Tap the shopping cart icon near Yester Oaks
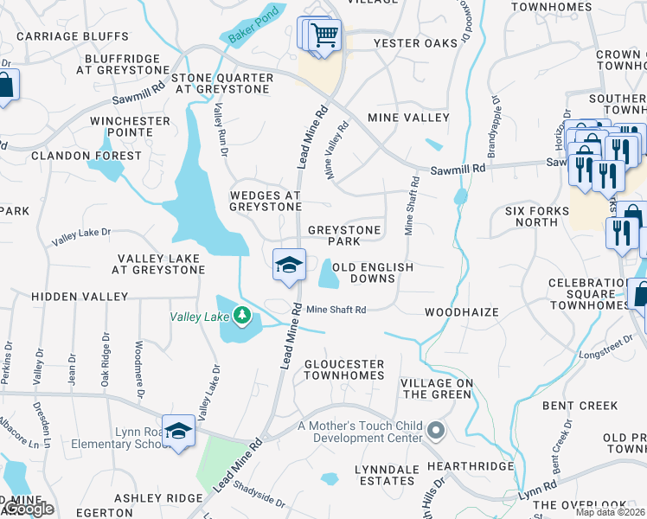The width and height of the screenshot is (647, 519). click(x=325, y=36)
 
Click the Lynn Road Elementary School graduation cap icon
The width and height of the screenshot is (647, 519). click(x=178, y=431)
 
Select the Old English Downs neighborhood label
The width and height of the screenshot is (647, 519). click(x=374, y=272)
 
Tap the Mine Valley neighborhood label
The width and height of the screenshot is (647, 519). click(x=408, y=117)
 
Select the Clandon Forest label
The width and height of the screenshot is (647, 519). click(x=86, y=156)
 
